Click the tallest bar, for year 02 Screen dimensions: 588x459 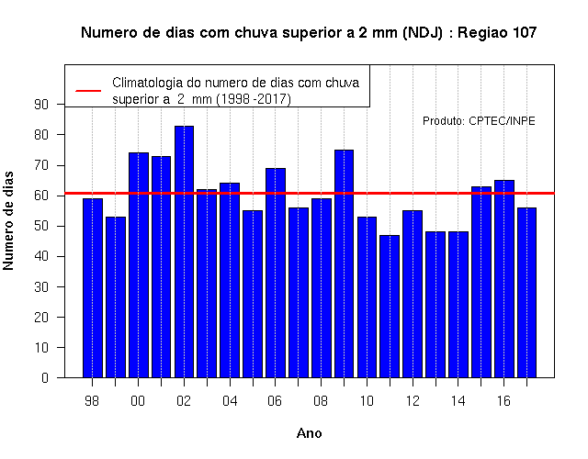point(184,252)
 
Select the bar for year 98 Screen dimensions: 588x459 point(93,287)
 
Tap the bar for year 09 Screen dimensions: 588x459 point(344,263)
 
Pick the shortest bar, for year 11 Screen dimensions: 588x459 point(390,306)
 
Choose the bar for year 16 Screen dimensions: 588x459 point(504,279)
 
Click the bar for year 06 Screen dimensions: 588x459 point(276,273)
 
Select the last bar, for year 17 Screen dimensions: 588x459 point(526,293)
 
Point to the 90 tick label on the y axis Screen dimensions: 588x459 point(41,105)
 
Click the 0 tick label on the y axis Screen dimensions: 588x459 point(45,377)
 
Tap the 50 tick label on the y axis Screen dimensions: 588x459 point(41,226)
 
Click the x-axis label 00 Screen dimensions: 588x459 point(138,401)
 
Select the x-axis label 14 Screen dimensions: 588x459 point(458,401)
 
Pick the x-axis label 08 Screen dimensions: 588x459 point(321,401)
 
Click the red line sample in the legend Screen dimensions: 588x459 point(88,91)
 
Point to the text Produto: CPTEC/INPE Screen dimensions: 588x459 point(479,121)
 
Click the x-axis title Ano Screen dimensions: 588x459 point(310,433)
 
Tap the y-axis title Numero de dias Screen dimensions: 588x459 point(8,220)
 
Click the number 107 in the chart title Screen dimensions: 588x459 point(524,33)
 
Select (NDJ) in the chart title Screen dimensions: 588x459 point(423,33)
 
